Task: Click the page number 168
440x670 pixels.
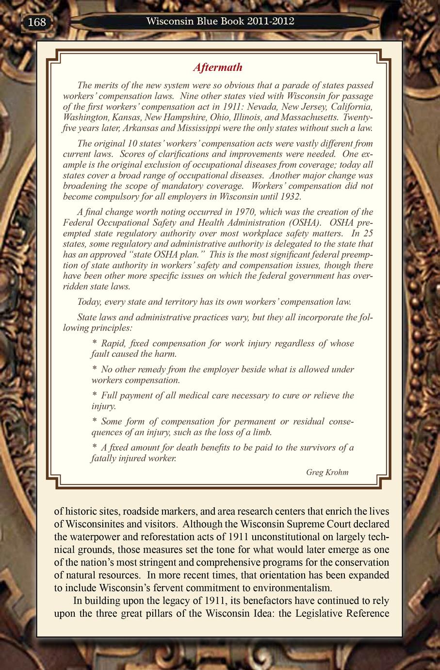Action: (37, 22)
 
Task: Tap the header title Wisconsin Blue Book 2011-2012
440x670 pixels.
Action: (220, 21)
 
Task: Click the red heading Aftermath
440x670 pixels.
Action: (218, 67)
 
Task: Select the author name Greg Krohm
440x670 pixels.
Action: (327, 472)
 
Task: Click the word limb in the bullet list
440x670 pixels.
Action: (262, 432)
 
